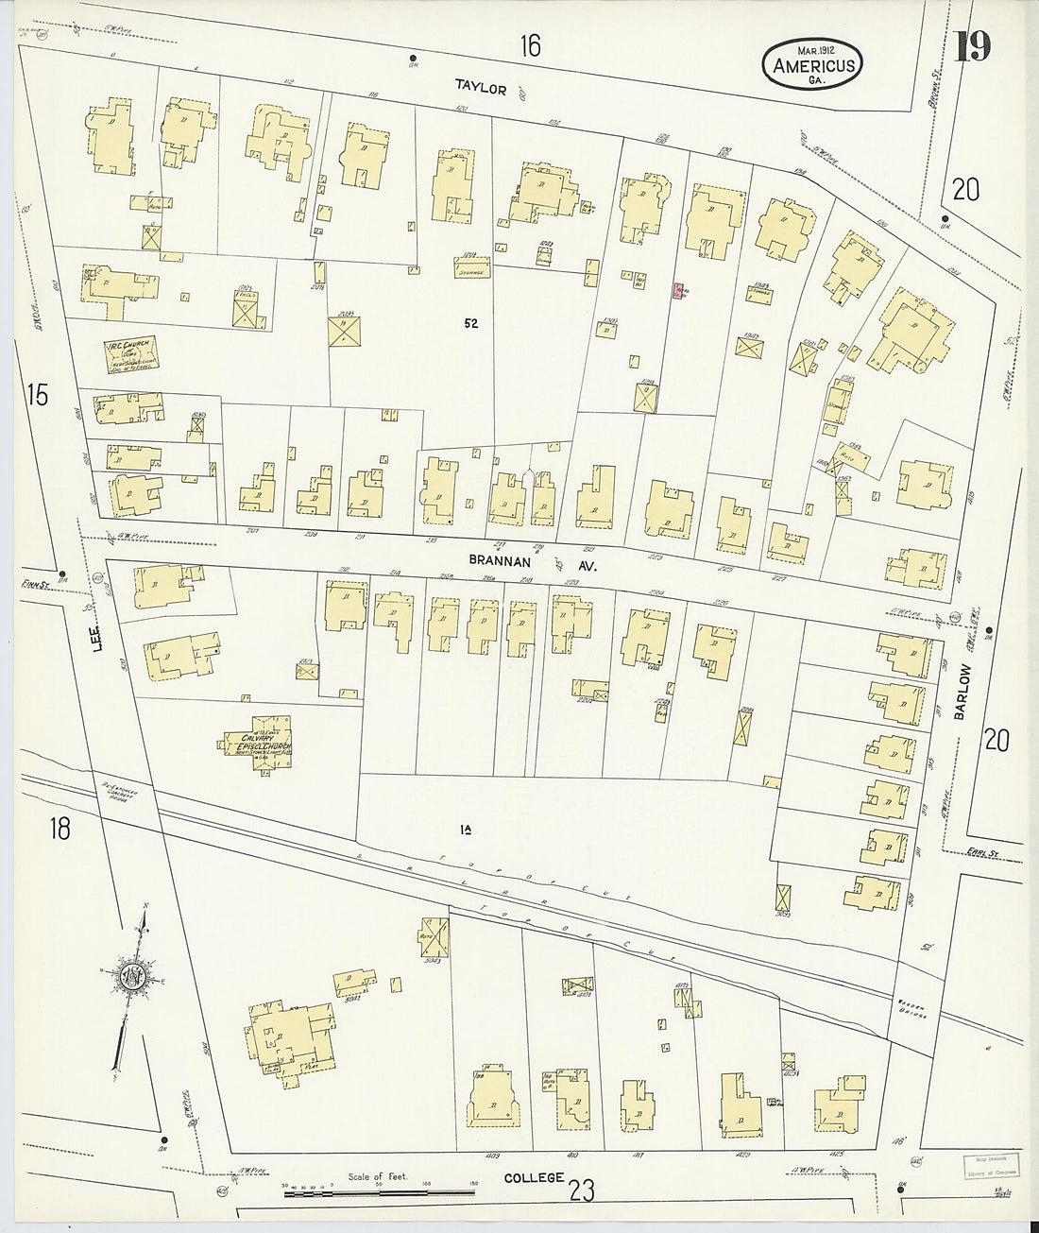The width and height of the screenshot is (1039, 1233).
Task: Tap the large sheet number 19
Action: pyautogui.click(x=970, y=46)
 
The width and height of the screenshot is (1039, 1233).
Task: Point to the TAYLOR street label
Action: pyautogui.click(x=481, y=88)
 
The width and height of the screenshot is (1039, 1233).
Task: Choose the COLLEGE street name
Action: pyautogui.click(x=534, y=1177)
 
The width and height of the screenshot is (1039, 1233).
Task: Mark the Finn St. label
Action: pyautogui.click(x=34, y=585)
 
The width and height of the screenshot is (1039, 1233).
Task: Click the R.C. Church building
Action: pyautogui.click(x=130, y=353)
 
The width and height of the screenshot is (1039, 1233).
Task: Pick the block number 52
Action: pyautogui.click(x=470, y=323)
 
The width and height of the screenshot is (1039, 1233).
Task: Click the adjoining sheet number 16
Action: pyautogui.click(x=530, y=45)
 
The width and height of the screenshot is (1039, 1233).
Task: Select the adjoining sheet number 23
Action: pyautogui.click(x=582, y=1191)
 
